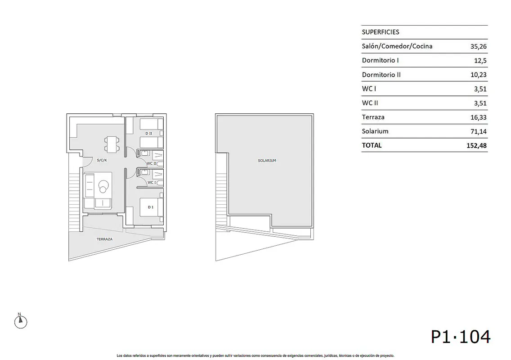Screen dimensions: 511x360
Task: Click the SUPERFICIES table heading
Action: click(380, 32)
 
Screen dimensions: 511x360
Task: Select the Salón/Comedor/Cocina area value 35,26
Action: click(479, 46)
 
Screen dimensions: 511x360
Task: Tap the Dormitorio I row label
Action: click(380, 60)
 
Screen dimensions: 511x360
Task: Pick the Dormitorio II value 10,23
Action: click(479, 75)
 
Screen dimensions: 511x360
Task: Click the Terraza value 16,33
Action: click(479, 117)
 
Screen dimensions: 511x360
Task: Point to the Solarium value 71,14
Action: click(479, 131)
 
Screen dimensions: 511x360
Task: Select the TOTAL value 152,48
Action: click(476, 145)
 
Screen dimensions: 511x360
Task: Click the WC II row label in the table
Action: click(370, 103)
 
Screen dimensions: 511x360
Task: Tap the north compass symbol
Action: click(21, 321)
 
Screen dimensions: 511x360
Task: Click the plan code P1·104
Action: click(461, 337)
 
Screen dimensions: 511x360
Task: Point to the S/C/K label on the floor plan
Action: click(102, 160)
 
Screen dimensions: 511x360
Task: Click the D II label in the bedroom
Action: click(148, 133)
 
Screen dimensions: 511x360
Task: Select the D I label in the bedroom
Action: click(151, 207)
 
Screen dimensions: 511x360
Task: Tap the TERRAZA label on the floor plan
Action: click(105, 239)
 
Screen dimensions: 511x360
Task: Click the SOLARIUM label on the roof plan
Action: click(267, 161)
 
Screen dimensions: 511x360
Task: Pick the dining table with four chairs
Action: click(112, 144)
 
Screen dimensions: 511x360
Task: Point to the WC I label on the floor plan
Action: click(152, 182)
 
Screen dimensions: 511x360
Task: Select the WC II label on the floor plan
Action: click(152, 163)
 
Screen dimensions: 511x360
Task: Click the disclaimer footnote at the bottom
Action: click(255, 356)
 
